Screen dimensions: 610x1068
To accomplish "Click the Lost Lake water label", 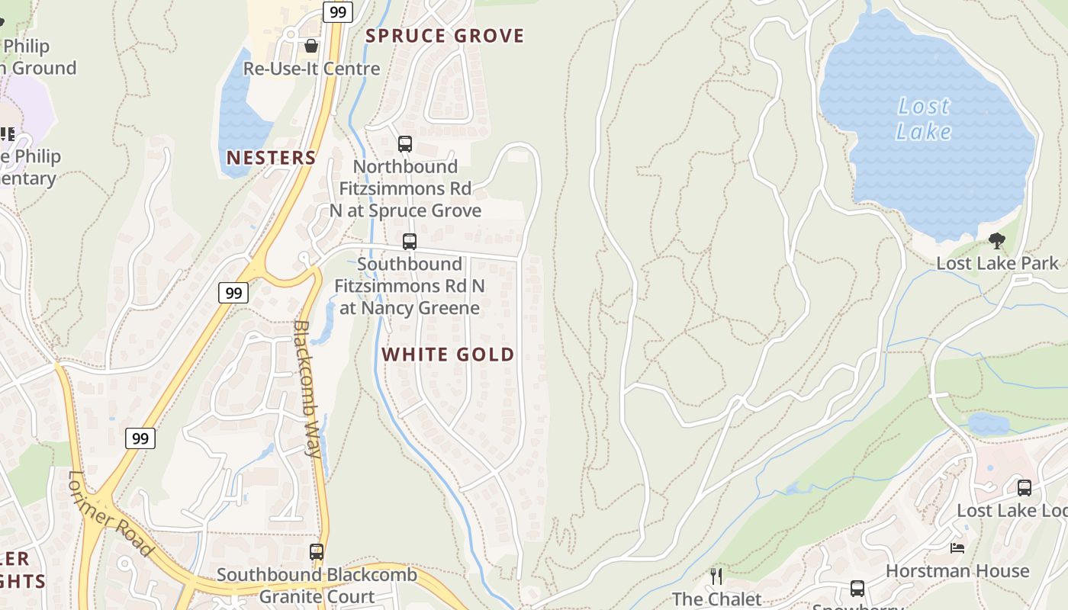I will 923,119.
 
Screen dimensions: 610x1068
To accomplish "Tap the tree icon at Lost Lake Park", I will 996,242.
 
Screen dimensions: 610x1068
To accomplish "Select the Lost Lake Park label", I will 997,264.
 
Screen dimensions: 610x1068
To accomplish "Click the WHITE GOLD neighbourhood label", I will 448,355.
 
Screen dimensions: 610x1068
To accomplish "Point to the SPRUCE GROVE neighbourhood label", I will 445,36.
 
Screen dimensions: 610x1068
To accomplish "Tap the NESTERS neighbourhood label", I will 271,158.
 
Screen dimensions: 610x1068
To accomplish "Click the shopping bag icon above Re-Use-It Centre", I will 310,46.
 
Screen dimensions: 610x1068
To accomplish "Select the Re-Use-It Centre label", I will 311,69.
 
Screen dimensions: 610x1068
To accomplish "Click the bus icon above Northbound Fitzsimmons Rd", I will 405,143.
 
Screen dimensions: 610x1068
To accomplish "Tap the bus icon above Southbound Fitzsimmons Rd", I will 410,242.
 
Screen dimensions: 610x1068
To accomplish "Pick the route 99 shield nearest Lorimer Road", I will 140,438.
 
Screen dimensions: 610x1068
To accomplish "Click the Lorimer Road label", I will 111,513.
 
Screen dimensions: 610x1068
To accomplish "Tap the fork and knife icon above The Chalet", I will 716,576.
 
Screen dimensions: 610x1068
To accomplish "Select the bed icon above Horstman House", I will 957,548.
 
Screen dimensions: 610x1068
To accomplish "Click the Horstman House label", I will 957,571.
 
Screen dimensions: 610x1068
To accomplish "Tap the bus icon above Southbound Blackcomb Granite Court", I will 317,551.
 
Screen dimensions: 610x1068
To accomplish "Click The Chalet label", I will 716,599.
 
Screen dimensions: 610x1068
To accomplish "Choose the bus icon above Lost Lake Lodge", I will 1025,488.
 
